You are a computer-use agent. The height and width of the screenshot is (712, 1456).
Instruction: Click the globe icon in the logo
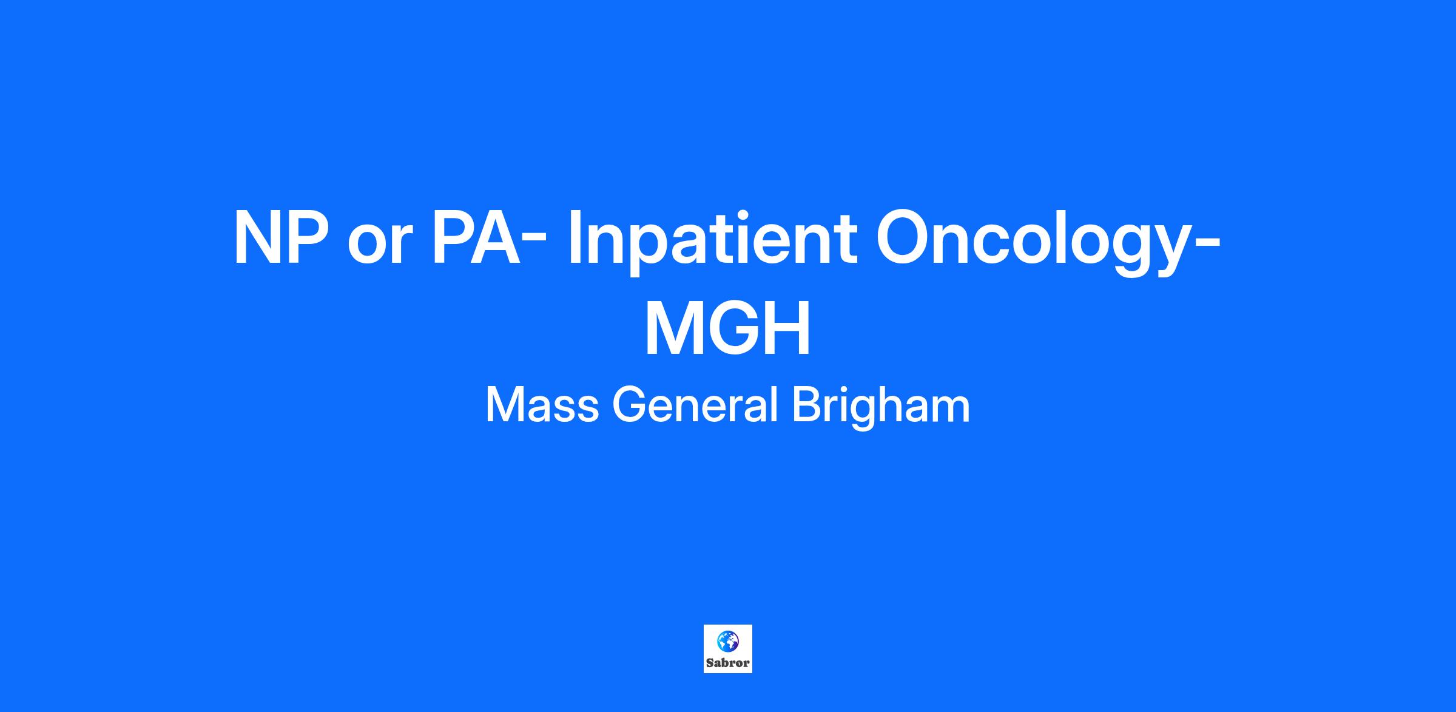(728, 641)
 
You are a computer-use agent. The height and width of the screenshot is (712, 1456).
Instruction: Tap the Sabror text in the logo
(728, 663)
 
